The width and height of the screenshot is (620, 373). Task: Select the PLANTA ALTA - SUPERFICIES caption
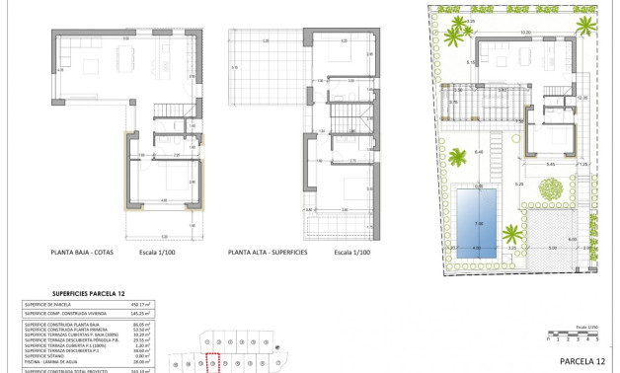tap(269, 253)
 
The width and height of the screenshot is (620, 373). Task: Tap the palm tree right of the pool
tap(512, 235)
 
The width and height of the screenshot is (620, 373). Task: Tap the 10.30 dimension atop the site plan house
tap(526, 34)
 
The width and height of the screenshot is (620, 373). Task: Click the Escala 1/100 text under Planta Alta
tap(351, 253)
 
